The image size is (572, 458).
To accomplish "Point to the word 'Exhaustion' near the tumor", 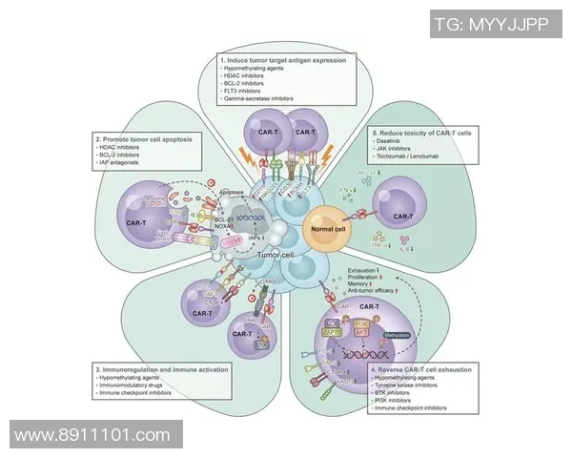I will point(357,272).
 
